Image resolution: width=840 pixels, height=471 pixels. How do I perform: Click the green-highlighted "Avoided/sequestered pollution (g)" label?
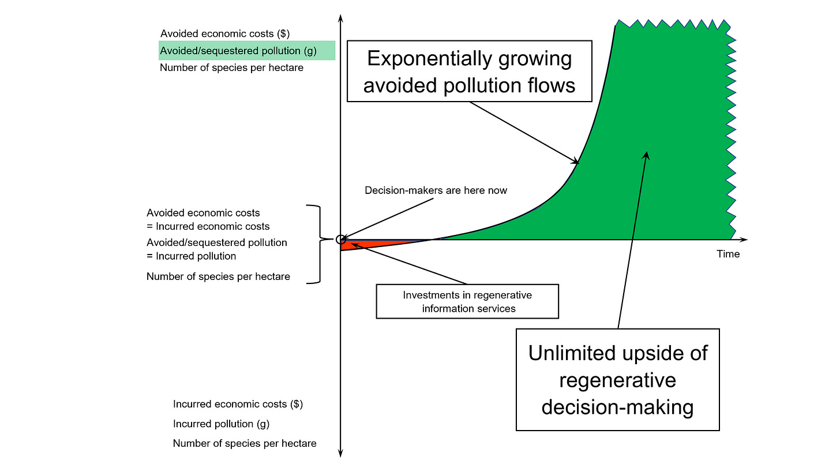tap(238, 50)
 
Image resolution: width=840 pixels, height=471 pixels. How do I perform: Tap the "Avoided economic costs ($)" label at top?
tap(225, 33)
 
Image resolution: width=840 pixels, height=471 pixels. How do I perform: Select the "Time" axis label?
tap(727, 254)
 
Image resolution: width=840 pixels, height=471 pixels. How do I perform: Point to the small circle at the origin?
tap(341, 239)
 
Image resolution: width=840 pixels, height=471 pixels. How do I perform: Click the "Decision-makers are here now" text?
tap(436, 190)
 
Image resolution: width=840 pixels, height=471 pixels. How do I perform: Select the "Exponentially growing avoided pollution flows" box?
tap(470, 72)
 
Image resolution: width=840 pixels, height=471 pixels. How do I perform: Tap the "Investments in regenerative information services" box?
tap(467, 301)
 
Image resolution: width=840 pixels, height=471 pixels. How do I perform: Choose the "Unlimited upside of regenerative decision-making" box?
tap(617, 380)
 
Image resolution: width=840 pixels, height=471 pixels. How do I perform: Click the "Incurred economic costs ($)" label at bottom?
tap(238, 404)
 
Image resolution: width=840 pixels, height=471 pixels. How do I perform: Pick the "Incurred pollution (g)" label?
tap(221, 424)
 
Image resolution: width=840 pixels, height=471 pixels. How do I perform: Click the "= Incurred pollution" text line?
tap(191, 256)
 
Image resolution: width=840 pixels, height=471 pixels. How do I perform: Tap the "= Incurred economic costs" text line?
tap(208, 226)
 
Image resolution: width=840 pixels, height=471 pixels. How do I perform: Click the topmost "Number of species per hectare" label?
tap(231, 68)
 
